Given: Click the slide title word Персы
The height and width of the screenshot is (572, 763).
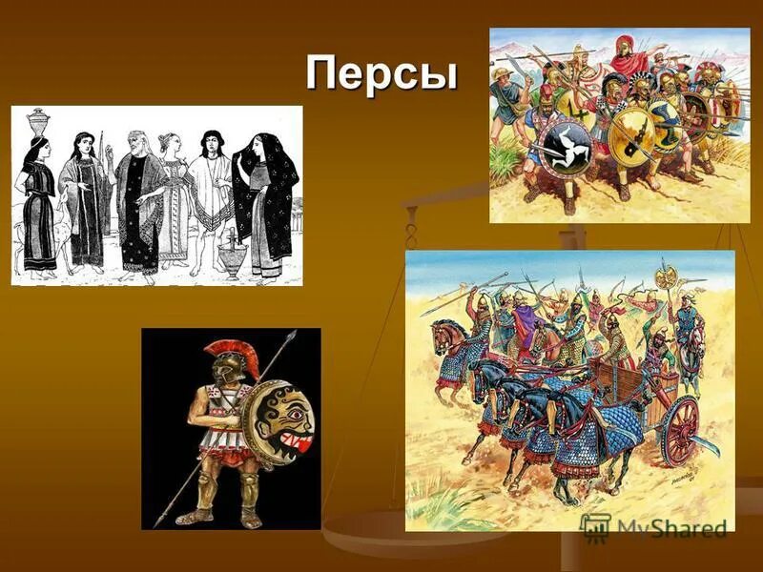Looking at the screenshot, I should pos(381,73).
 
